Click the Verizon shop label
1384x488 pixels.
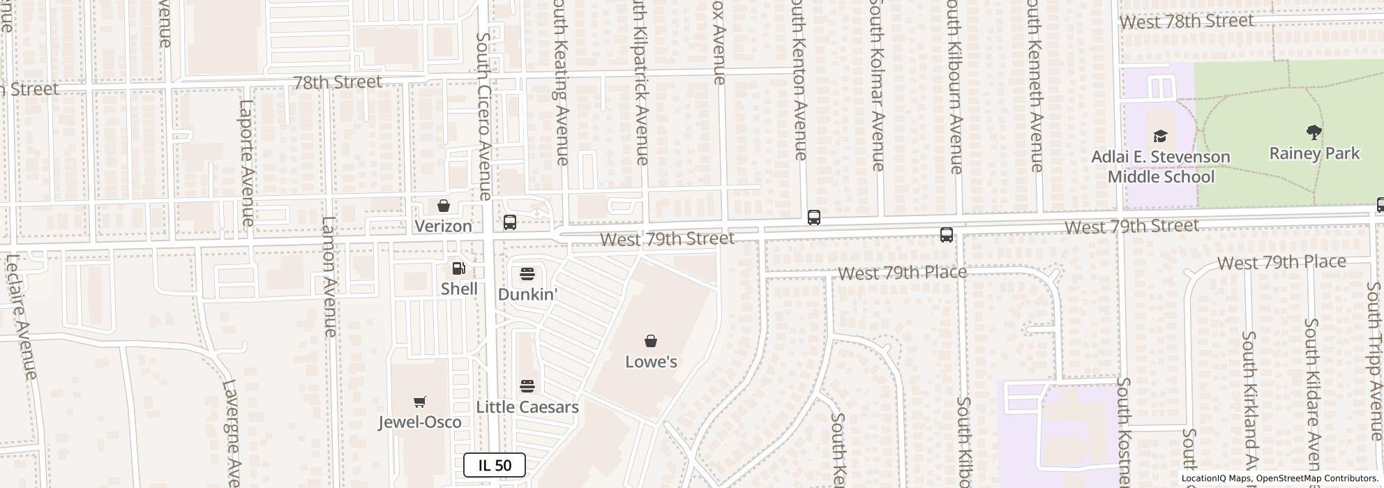pyautogui.click(x=444, y=226)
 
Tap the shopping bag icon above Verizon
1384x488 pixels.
pyautogui.click(x=444, y=206)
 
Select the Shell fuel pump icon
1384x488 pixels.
pyautogui.click(x=459, y=268)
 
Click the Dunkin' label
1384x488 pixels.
pyautogui.click(x=527, y=294)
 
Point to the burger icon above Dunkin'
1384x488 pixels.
pyautogui.click(x=527, y=273)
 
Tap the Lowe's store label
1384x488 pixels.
pyautogui.click(x=651, y=361)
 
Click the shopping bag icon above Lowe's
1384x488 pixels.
pyautogui.click(x=651, y=341)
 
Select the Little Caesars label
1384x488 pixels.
pyautogui.click(x=527, y=407)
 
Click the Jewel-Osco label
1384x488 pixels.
pyautogui.click(x=420, y=422)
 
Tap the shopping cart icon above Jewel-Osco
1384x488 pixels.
pyautogui.click(x=420, y=402)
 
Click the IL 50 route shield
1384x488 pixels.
pyautogui.click(x=495, y=465)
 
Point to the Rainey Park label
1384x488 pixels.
pyautogui.click(x=1314, y=153)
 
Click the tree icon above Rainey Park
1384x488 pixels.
pyautogui.click(x=1314, y=132)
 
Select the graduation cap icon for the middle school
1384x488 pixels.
pyautogui.click(x=1160, y=136)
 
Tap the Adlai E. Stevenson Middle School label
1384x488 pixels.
pyautogui.click(x=1160, y=167)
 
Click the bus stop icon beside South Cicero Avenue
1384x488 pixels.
pyautogui.click(x=510, y=222)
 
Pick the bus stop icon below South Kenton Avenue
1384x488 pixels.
pyautogui.click(x=813, y=218)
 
